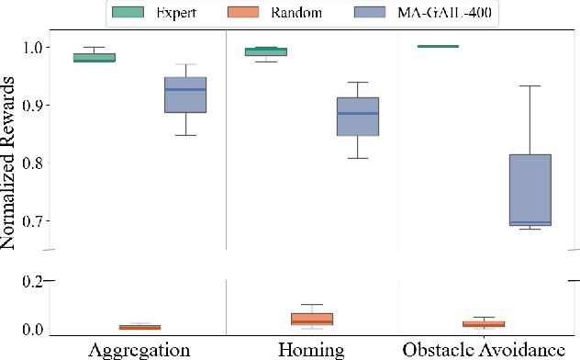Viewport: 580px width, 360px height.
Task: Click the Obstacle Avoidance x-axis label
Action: [x=485, y=350]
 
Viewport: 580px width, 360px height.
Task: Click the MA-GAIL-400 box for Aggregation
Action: [x=185, y=95]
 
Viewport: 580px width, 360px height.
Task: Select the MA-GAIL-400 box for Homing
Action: [x=358, y=117]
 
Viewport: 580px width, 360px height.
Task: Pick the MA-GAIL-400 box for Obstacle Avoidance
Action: [x=530, y=189]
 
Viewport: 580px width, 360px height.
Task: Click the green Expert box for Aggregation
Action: [x=94, y=57]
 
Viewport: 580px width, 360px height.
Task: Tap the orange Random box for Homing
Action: [x=312, y=319]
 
